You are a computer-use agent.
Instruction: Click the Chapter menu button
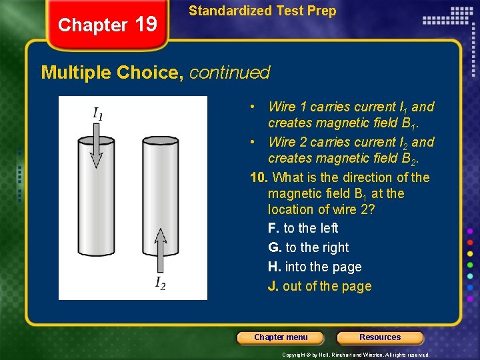tap(281, 337)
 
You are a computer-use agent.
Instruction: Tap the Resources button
tap(380, 337)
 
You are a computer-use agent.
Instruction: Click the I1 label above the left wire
tap(97, 113)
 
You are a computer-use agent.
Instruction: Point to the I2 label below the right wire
tap(161, 283)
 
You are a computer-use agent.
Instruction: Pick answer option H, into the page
tap(315, 267)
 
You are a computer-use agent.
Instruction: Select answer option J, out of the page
tap(320, 286)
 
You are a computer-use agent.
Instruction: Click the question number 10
tap(259, 177)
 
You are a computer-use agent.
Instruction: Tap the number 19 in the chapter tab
tap(146, 25)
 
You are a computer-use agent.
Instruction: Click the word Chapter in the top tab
tap(93, 25)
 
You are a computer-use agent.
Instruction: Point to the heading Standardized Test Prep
tap(263, 11)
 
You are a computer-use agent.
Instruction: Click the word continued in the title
tap(230, 72)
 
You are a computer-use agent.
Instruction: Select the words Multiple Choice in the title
tap(112, 72)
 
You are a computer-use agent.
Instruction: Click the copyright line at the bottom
tap(356, 355)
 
